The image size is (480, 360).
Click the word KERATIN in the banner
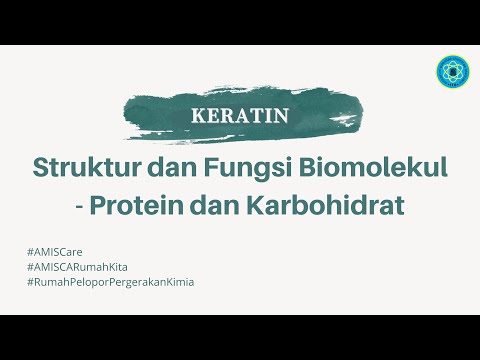pyautogui.click(x=239, y=114)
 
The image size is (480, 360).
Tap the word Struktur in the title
pyautogui.click(x=81, y=166)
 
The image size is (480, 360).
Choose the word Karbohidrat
pyautogui.click(x=336, y=207)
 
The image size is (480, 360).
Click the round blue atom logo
pyautogui.click(x=454, y=72)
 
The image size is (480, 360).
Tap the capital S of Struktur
pyautogui.click(x=42, y=166)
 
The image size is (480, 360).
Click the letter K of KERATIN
pyautogui.click(x=197, y=114)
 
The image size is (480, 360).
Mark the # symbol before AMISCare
pyautogui.click(x=33, y=248)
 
